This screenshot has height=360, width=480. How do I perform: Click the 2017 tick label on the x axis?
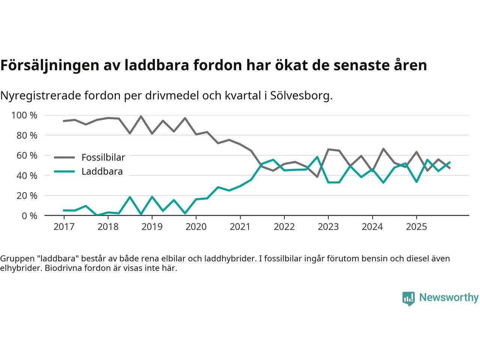64,226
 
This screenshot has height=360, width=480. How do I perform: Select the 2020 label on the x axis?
196,226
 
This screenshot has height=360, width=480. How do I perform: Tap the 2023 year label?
328,226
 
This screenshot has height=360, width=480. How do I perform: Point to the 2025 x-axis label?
416,226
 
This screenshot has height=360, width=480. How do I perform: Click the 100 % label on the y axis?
24,115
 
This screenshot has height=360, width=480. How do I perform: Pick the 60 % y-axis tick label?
27,155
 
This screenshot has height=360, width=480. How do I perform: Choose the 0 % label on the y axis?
29,216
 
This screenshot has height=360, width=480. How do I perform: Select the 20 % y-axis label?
27,195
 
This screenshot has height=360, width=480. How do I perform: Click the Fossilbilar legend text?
103,157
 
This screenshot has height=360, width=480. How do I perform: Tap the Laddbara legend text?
102,171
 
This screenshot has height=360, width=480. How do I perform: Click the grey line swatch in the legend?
64,157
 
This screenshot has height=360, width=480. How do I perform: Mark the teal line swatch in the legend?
64,171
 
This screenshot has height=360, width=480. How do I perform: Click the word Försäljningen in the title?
49,65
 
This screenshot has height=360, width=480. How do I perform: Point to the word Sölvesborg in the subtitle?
300,96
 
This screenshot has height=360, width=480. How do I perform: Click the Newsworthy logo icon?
408,298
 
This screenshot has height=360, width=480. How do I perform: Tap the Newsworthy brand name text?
449,297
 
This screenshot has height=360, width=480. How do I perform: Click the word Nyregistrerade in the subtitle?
40,96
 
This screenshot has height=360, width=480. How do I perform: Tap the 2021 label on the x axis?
240,226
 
